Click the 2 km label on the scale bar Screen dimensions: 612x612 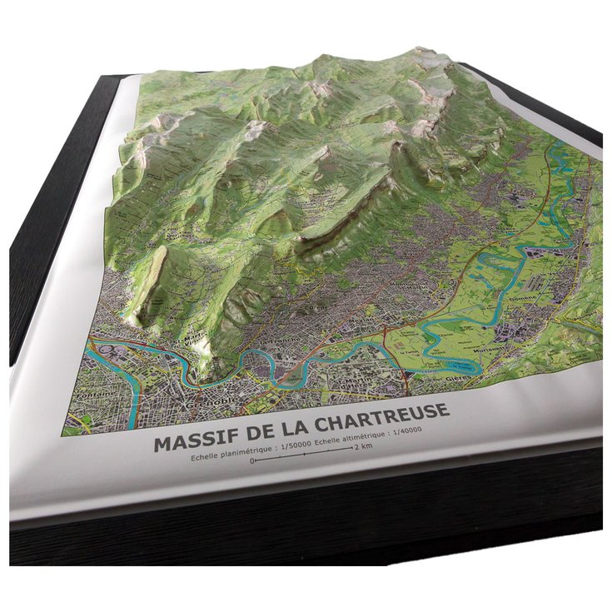point(362,447)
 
